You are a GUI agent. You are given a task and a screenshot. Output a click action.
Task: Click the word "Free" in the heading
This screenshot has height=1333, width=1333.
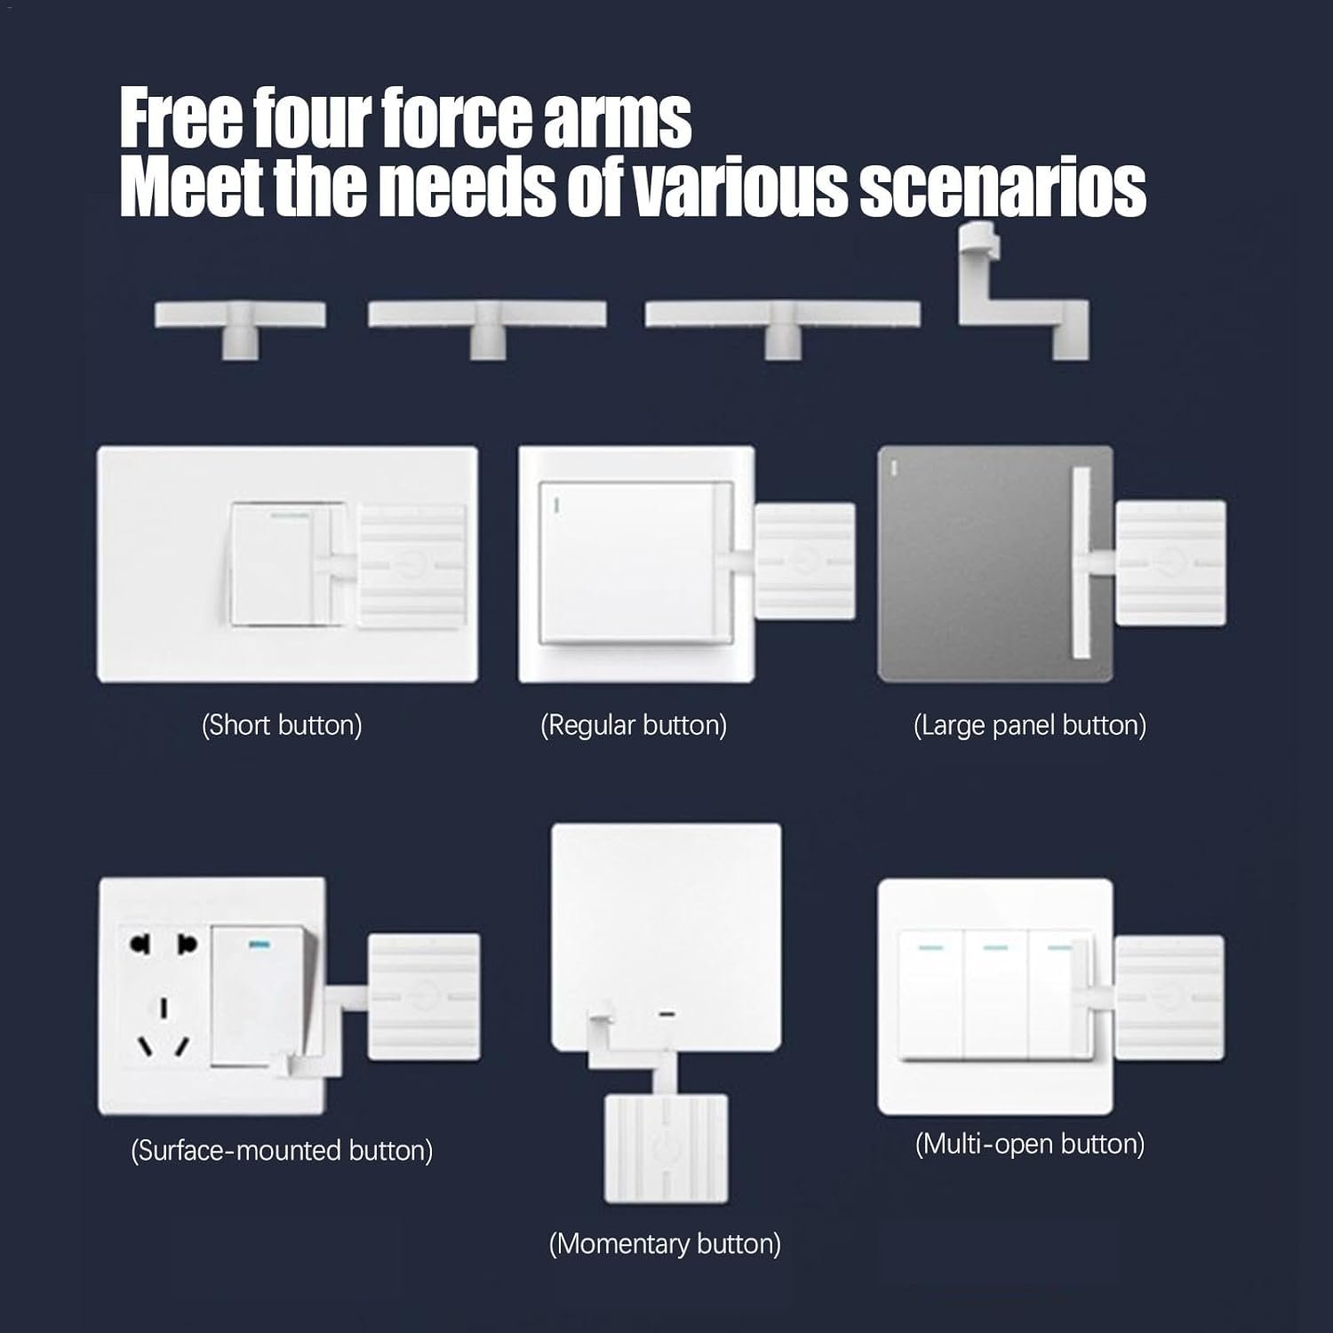180,117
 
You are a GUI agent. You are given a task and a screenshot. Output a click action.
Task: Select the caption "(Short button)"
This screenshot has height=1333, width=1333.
282,725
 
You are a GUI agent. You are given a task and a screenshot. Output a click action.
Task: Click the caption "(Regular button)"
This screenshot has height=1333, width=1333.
634,725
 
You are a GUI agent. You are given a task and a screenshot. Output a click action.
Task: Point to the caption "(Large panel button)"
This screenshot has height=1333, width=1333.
1030,725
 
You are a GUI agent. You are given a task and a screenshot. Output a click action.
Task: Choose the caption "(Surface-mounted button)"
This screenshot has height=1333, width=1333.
282,1150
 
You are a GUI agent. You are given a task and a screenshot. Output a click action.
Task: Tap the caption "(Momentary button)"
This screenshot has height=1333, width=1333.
665,1243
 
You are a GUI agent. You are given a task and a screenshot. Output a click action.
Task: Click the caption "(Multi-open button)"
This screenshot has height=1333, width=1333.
1030,1143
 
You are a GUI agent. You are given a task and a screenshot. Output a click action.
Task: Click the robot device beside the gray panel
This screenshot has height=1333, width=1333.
1170,562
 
